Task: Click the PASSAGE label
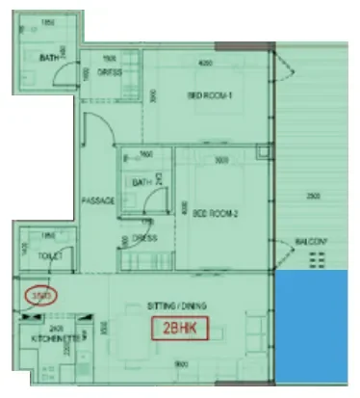98,200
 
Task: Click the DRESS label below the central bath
144,236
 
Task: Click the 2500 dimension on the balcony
315,196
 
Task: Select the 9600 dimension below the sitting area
182,363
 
